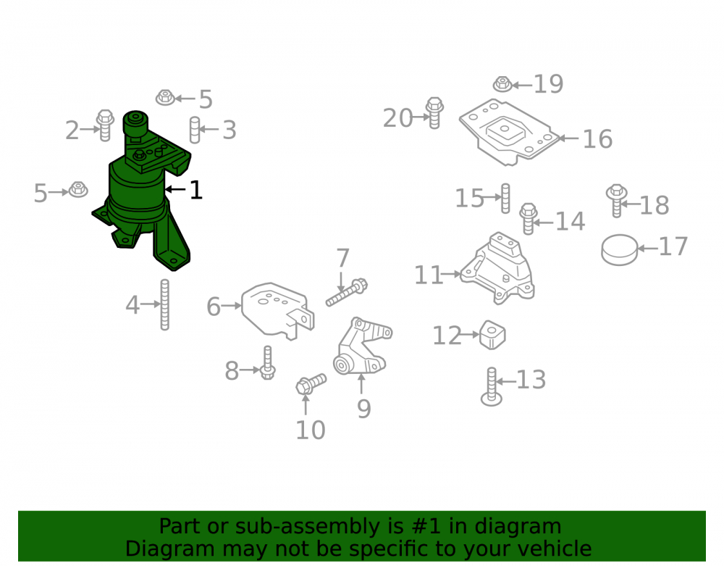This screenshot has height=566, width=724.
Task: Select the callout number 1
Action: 196,190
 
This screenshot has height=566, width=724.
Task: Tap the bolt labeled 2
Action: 105,125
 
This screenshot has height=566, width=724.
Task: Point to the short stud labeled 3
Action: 195,130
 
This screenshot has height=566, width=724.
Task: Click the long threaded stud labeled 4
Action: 165,305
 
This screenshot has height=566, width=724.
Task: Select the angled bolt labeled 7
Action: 347,292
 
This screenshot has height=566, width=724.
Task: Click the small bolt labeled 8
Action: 267,362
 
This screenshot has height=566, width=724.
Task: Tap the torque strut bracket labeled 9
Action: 362,346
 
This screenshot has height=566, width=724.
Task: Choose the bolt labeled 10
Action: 311,383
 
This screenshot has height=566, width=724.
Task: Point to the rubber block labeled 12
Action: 492,335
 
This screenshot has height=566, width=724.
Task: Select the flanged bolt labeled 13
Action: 492,387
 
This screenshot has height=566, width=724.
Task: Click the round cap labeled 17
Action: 620,250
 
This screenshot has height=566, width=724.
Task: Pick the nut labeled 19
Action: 502,84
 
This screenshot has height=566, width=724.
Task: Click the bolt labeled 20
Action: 434,113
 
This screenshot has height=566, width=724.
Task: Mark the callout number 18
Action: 654,205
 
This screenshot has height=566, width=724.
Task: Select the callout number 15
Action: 470,199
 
